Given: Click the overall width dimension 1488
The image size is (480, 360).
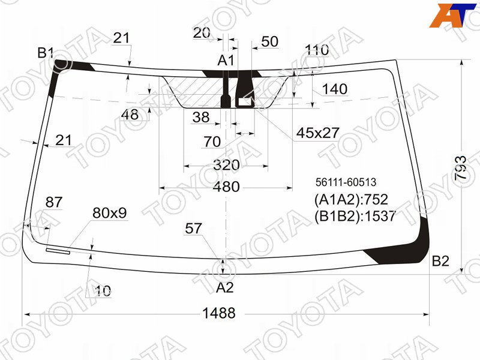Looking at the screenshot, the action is (x=219, y=313).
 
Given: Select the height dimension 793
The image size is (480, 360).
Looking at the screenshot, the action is (x=461, y=168).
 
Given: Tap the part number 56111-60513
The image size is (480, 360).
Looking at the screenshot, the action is (x=346, y=182).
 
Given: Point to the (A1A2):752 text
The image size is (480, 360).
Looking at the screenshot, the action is (x=351, y=200).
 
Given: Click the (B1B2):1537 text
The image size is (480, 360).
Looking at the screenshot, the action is (x=355, y=216).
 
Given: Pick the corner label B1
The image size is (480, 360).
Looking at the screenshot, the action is (x=46, y=53).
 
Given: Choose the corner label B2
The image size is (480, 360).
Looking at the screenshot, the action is (x=440, y=261).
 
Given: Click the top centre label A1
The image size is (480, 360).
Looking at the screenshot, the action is (x=226, y=61).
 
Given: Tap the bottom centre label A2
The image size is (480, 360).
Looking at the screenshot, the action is (x=225, y=287).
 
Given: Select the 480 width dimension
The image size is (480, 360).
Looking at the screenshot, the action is (x=226, y=187).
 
